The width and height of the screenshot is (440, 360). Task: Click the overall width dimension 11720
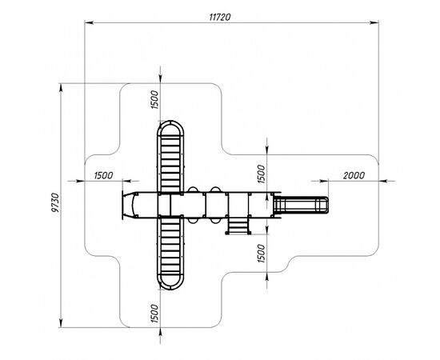(x=220, y=17)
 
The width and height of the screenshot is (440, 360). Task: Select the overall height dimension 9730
(x=56, y=202)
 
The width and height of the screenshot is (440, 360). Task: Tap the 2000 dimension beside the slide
(x=354, y=175)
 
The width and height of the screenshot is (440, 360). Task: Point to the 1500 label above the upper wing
(x=154, y=100)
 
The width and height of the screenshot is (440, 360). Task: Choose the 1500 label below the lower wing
(x=154, y=313)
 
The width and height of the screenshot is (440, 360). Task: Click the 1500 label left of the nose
(x=103, y=175)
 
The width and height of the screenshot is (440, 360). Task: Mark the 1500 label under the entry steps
(x=262, y=254)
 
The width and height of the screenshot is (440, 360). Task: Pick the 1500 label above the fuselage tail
(x=262, y=174)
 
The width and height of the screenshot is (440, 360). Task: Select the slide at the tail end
(x=301, y=205)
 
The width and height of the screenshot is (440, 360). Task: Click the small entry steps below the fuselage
(x=238, y=226)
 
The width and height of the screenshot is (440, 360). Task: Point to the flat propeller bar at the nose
(x=122, y=205)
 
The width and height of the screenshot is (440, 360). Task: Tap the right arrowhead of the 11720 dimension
(x=374, y=22)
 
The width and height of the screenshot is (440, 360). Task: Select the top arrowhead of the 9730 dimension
(x=61, y=88)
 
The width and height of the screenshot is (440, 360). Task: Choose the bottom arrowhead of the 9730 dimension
(x=61, y=323)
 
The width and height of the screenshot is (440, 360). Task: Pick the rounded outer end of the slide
(x=327, y=205)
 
